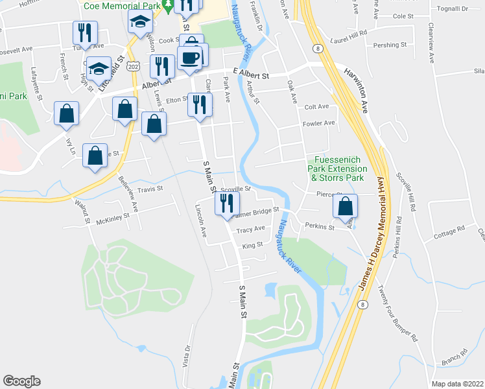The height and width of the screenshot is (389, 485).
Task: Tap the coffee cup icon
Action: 190,58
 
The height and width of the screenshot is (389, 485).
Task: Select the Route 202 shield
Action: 134,66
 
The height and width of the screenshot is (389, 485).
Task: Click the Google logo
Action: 21,381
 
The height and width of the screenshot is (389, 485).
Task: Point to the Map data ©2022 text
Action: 457,384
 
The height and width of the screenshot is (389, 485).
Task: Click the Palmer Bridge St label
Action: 255,211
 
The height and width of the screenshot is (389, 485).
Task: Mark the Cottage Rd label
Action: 450,229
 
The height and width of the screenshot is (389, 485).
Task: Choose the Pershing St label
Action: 390,45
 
